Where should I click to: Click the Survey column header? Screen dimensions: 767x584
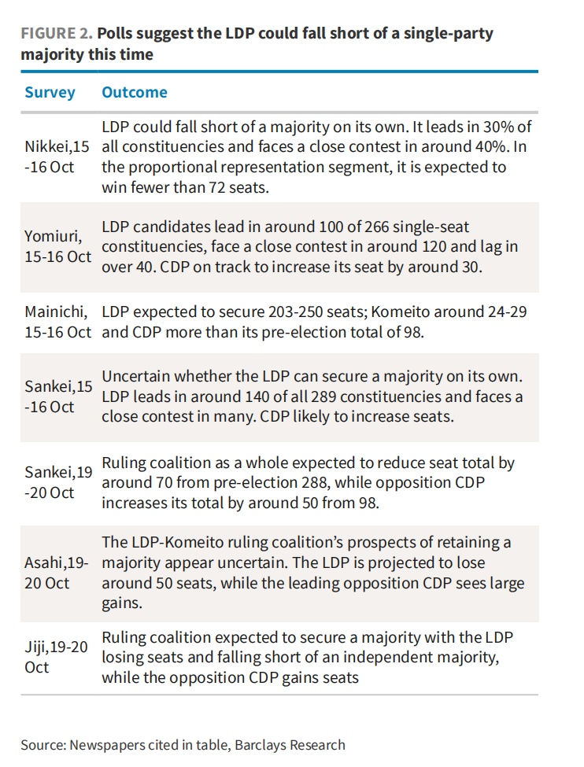coord(50,92)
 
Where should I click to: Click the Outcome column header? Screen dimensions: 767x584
coord(135,92)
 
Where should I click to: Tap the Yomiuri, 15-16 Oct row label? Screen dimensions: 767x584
coord(57,245)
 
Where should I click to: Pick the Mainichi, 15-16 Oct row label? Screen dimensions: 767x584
coord(57,322)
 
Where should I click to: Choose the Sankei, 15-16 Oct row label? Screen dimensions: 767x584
coord(57,397)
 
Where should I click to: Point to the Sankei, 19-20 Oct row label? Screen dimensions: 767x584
coord(57,482)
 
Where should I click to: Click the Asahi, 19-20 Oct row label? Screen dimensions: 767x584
coord(57,573)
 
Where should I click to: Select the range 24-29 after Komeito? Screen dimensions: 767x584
coord(507,312)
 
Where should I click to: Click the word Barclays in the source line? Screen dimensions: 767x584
coord(253,745)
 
